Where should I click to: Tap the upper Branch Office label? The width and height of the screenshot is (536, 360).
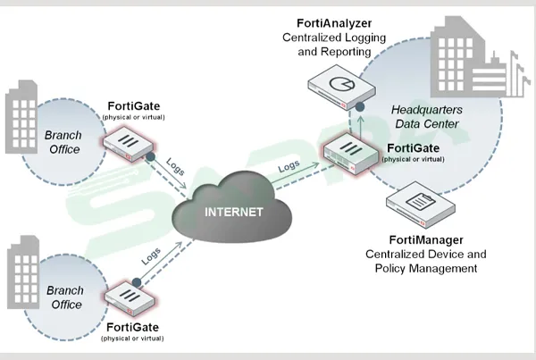[x=63, y=142]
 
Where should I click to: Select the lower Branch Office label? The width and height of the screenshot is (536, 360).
[x=64, y=297]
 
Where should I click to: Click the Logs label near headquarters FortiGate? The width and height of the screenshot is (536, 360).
[x=289, y=166]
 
